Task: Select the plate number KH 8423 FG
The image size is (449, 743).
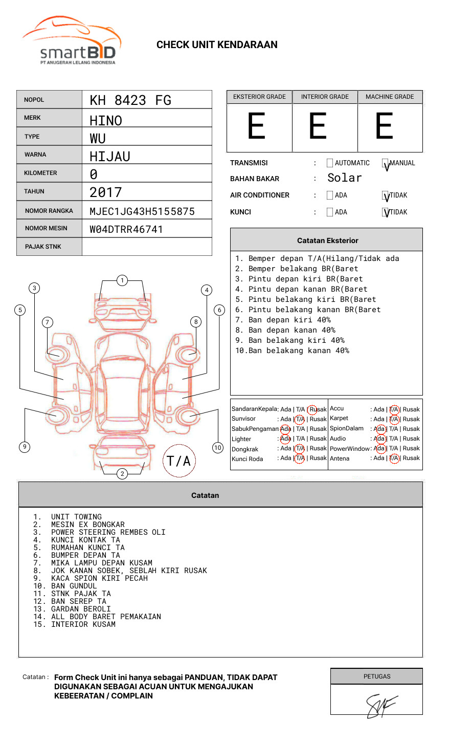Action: (x=130, y=100)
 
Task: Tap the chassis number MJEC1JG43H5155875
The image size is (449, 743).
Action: (x=142, y=211)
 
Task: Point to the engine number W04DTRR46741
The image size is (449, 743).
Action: (x=126, y=229)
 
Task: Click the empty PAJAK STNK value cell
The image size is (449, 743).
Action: (x=147, y=247)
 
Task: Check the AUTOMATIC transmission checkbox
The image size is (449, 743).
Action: (x=330, y=163)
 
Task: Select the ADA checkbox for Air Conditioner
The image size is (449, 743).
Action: (x=330, y=195)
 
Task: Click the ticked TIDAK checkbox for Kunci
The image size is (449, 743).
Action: (x=385, y=212)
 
